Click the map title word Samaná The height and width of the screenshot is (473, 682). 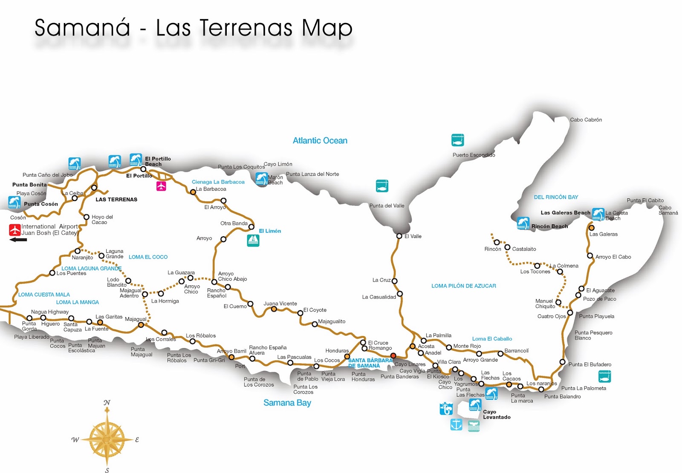(x=82, y=28)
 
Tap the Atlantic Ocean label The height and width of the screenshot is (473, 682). (x=320, y=141)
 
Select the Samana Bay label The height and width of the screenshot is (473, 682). (x=287, y=403)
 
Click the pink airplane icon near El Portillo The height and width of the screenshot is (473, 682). (x=161, y=186)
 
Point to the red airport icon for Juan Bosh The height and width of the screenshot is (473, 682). (x=15, y=230)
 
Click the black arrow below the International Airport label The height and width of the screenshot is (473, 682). (x=18, y=240)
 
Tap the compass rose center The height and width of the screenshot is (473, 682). (x=107, y=438)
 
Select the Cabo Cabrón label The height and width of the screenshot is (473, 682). (x=586, y=120)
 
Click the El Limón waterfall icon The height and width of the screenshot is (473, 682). (x=253, y=241)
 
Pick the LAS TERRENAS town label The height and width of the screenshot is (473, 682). (x=116, y=200)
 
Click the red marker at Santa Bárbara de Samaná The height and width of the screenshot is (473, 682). (x=393, y=356)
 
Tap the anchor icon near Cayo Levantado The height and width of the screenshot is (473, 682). (x=456, y=424)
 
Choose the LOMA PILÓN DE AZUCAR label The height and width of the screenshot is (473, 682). (x=463, y=286)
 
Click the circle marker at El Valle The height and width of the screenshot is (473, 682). (x=399, y=236)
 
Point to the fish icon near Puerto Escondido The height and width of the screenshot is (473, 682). (x=457, y=140)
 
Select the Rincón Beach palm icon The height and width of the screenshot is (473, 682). (x=523, y=223)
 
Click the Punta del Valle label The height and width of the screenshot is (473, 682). (x=387, y=206)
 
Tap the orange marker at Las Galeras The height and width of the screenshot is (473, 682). (x=591, y=228)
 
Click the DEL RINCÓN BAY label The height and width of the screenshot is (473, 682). (x=556, y=197)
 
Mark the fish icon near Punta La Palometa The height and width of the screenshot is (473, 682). (x=604, y=376)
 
